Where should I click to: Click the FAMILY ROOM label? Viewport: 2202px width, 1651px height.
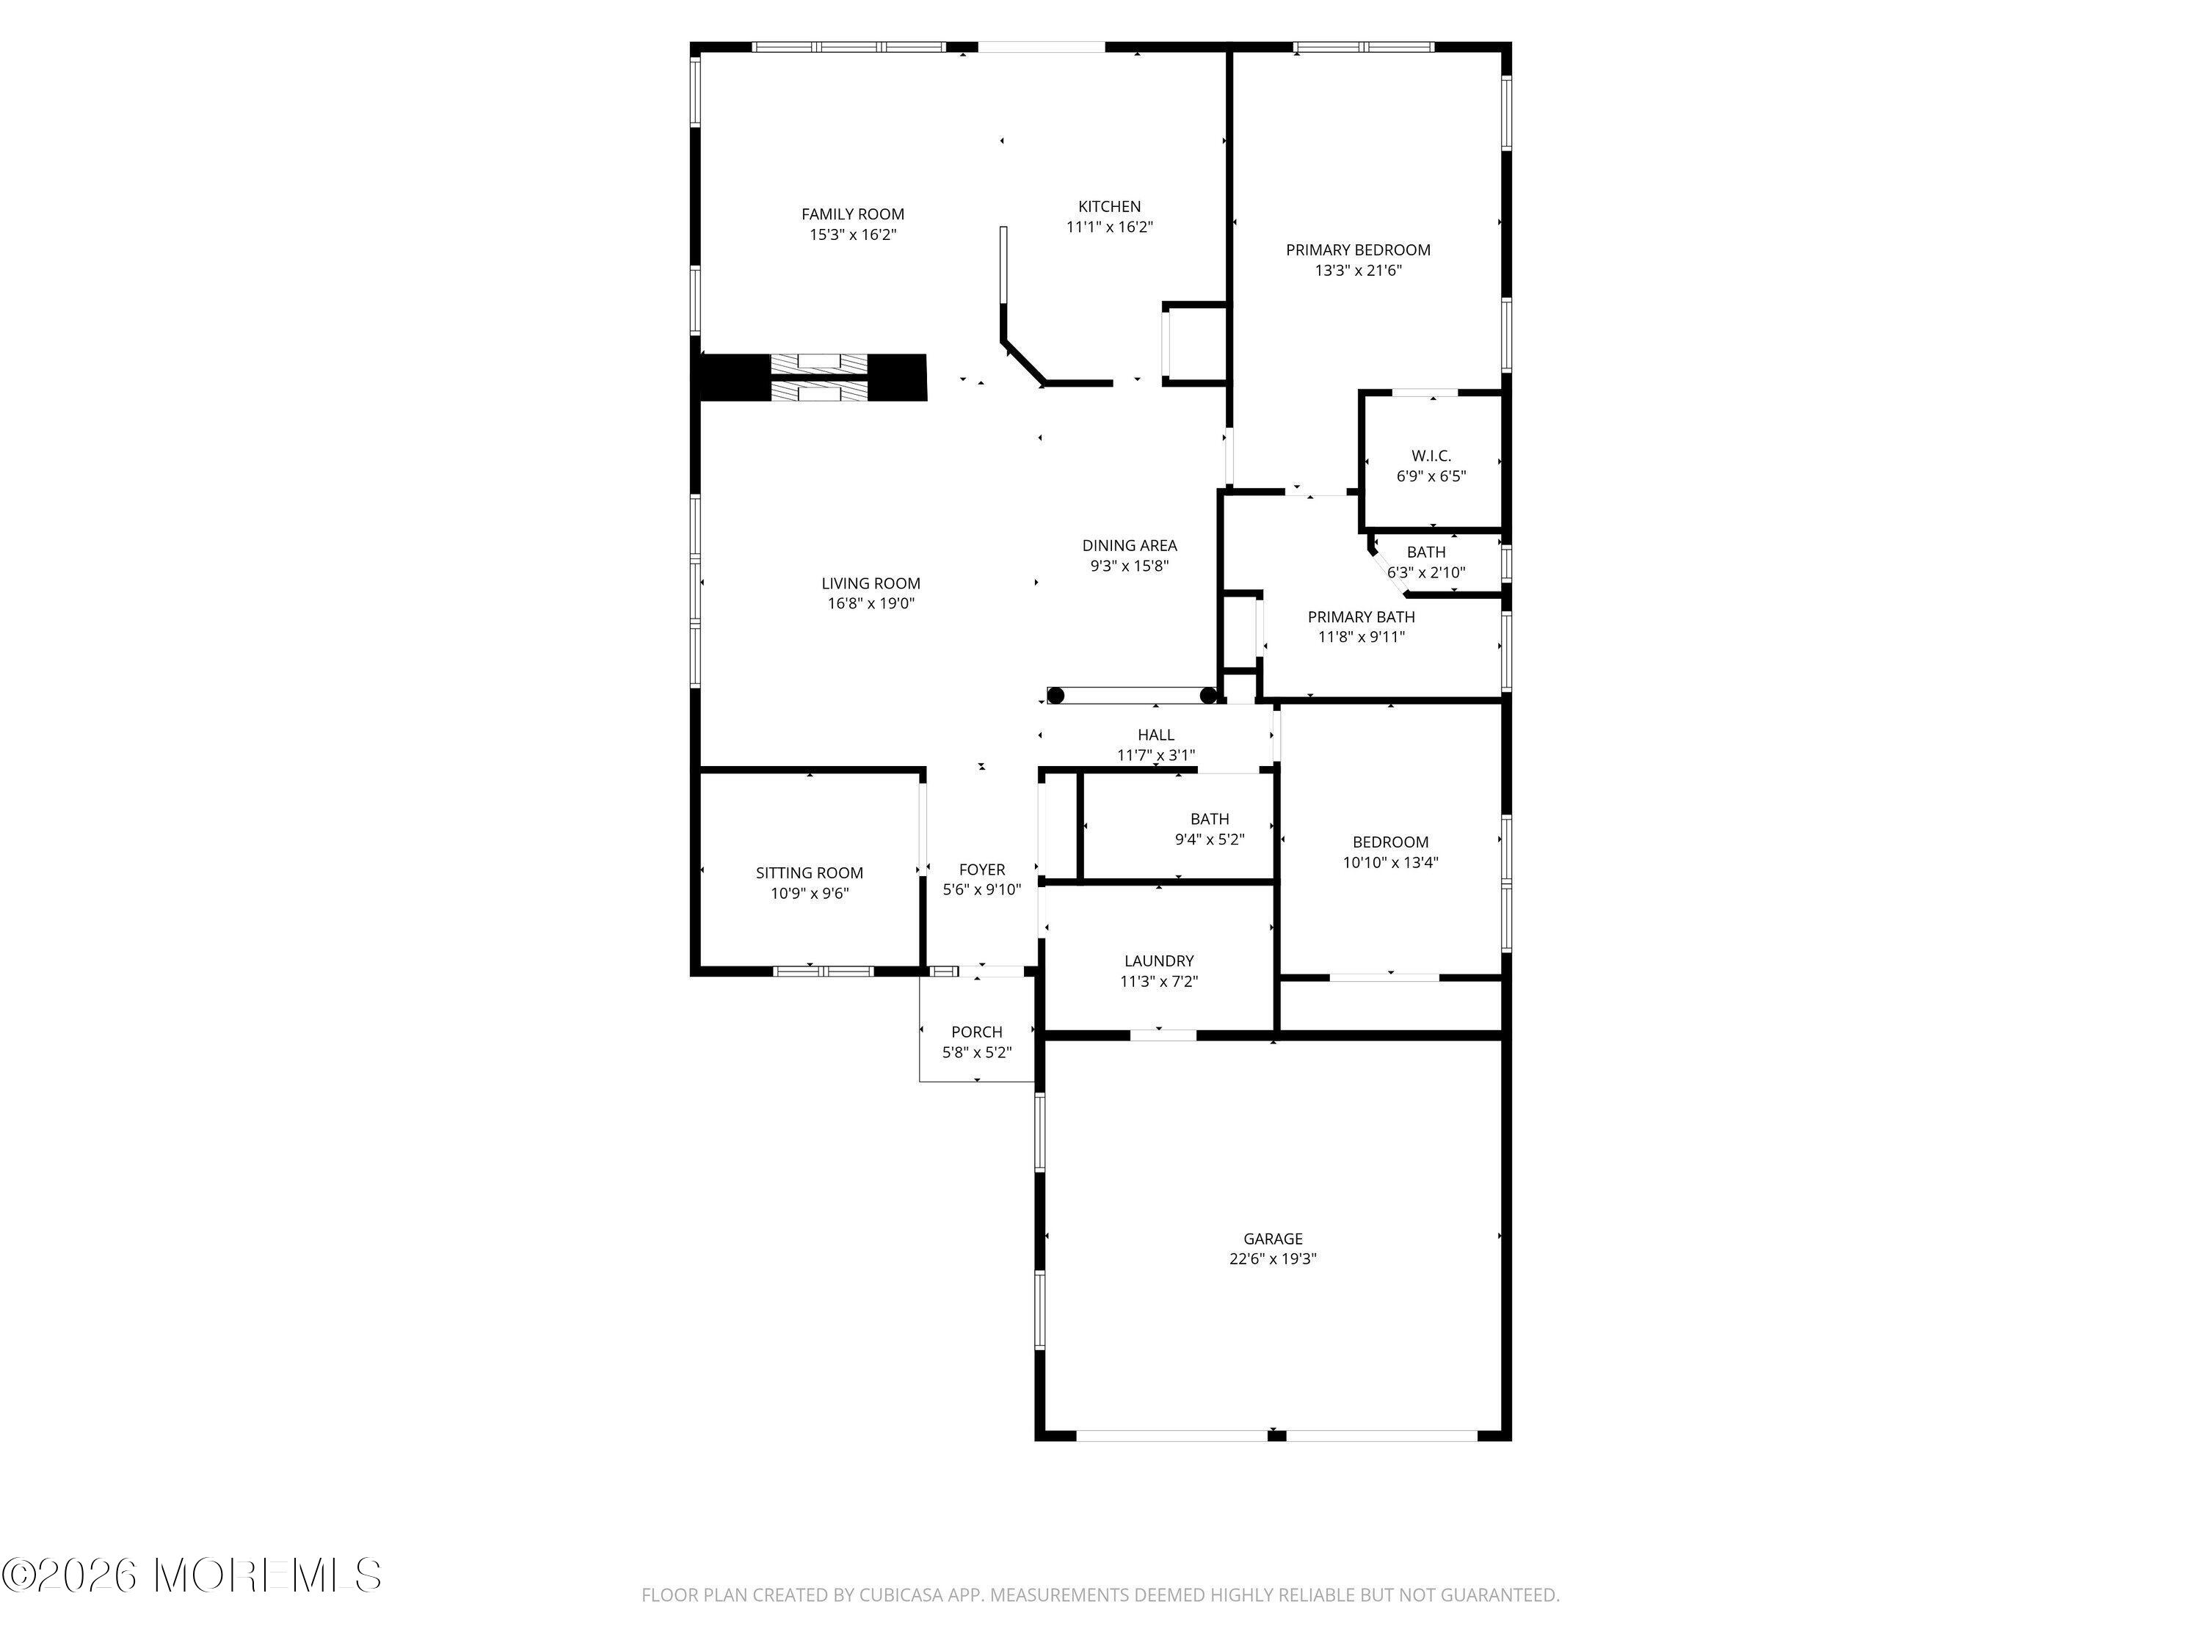[853, 214]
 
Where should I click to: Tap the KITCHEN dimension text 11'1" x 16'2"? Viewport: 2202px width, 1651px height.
[1109, 227]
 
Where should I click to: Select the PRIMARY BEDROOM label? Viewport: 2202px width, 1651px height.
[1358, 249]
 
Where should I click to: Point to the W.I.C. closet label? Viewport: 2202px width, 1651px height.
[1431, 456]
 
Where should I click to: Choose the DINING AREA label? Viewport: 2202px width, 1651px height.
[1129, 545]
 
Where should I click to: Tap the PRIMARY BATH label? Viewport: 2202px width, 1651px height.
[1361, 617]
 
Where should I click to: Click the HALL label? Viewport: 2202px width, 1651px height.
[1156, 735]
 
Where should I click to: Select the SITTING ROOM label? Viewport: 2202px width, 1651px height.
[810, 872]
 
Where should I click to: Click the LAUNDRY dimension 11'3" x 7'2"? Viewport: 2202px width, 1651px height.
[1159, 981]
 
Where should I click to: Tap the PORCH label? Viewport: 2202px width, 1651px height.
[976, 1032]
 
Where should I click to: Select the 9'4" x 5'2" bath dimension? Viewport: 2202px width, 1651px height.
[1210, 839]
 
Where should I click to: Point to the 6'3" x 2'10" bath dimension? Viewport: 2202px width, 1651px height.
[1425, 572]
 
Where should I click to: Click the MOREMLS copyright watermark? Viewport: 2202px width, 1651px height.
[191, 1575]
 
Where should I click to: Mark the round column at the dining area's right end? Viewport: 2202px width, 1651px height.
[1208, 696]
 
